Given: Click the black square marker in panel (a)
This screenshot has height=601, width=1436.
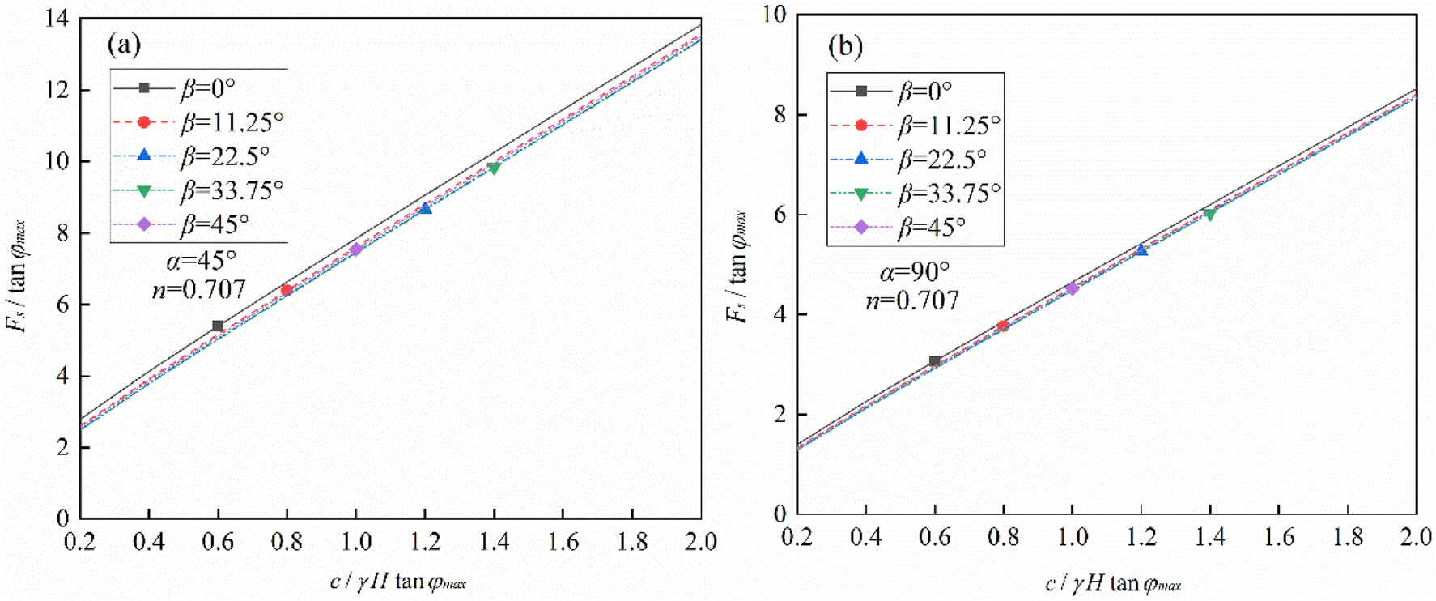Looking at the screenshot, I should coord(218,326).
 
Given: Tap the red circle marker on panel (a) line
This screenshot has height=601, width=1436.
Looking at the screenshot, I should coord(287,290).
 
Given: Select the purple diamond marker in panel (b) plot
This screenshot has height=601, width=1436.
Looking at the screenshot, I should coord(1072,288).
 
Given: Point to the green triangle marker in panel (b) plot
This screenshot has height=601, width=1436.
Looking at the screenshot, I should coord(1209,215).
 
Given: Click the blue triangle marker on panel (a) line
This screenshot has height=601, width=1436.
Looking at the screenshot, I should coord(425,208).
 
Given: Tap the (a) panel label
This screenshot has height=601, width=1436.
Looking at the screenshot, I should coord(124,44).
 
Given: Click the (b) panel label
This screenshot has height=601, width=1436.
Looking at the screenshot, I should coord(845,46).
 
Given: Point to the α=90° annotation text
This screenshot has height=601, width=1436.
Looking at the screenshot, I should coord(914,271).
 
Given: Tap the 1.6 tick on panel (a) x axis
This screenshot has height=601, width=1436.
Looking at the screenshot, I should coord(563,542).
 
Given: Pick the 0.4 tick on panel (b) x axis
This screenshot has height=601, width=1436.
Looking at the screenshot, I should coord(865,537).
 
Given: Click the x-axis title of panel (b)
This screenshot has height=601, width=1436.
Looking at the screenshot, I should coord(1113,583).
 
